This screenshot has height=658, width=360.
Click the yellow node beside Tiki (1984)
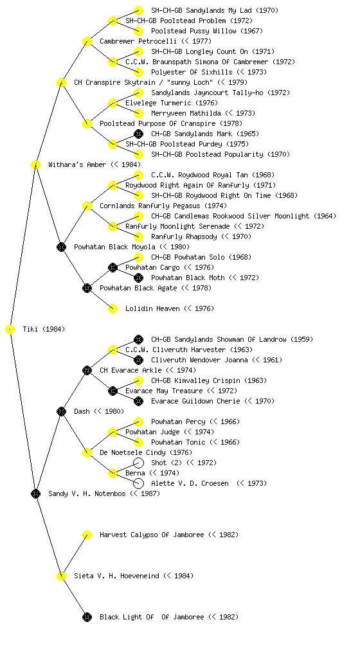pos(10,330)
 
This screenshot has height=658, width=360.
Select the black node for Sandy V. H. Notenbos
pos(35,494)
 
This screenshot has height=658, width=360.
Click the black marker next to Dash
pos(61,412)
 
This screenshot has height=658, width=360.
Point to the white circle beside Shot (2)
pos(138,463)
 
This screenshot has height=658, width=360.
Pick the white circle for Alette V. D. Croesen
pos(138,483)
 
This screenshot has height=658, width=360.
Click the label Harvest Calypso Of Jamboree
pos(152,535)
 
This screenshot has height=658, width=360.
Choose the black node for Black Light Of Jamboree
pos(87,618)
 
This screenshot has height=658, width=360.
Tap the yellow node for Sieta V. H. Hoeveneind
pos(61,576)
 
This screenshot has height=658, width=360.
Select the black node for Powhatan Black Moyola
pos(61,247)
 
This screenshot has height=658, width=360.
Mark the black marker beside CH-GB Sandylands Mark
pos(138,134)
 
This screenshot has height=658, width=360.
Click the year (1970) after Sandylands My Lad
pos(267,10)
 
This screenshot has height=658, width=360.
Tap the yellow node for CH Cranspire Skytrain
pos(61,83)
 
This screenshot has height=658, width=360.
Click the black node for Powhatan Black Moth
pos(138,278)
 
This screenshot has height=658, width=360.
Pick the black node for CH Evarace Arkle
pos(87,371)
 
